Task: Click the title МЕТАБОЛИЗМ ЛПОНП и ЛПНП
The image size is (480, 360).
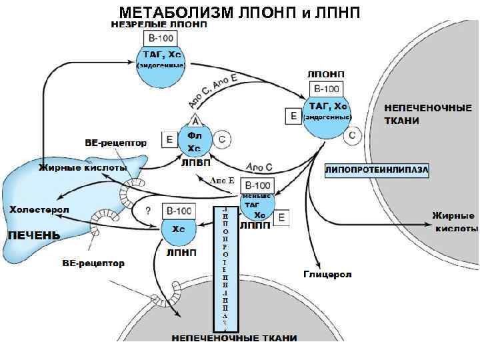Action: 239,12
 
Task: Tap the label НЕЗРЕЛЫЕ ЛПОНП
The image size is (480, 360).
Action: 159,25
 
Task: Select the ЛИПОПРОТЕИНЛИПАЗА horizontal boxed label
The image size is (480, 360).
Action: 377,170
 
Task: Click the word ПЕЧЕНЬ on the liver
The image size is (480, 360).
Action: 33,235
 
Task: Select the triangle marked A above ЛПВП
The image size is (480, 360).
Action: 196,121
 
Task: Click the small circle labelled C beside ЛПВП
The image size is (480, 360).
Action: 223,139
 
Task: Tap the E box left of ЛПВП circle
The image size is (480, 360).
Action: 169,139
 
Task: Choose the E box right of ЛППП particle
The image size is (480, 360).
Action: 282,217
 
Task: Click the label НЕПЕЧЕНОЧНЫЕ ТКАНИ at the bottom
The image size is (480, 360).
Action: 234,338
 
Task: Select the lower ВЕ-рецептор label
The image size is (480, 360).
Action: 93,263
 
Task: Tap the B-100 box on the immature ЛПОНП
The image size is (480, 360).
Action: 159,39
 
